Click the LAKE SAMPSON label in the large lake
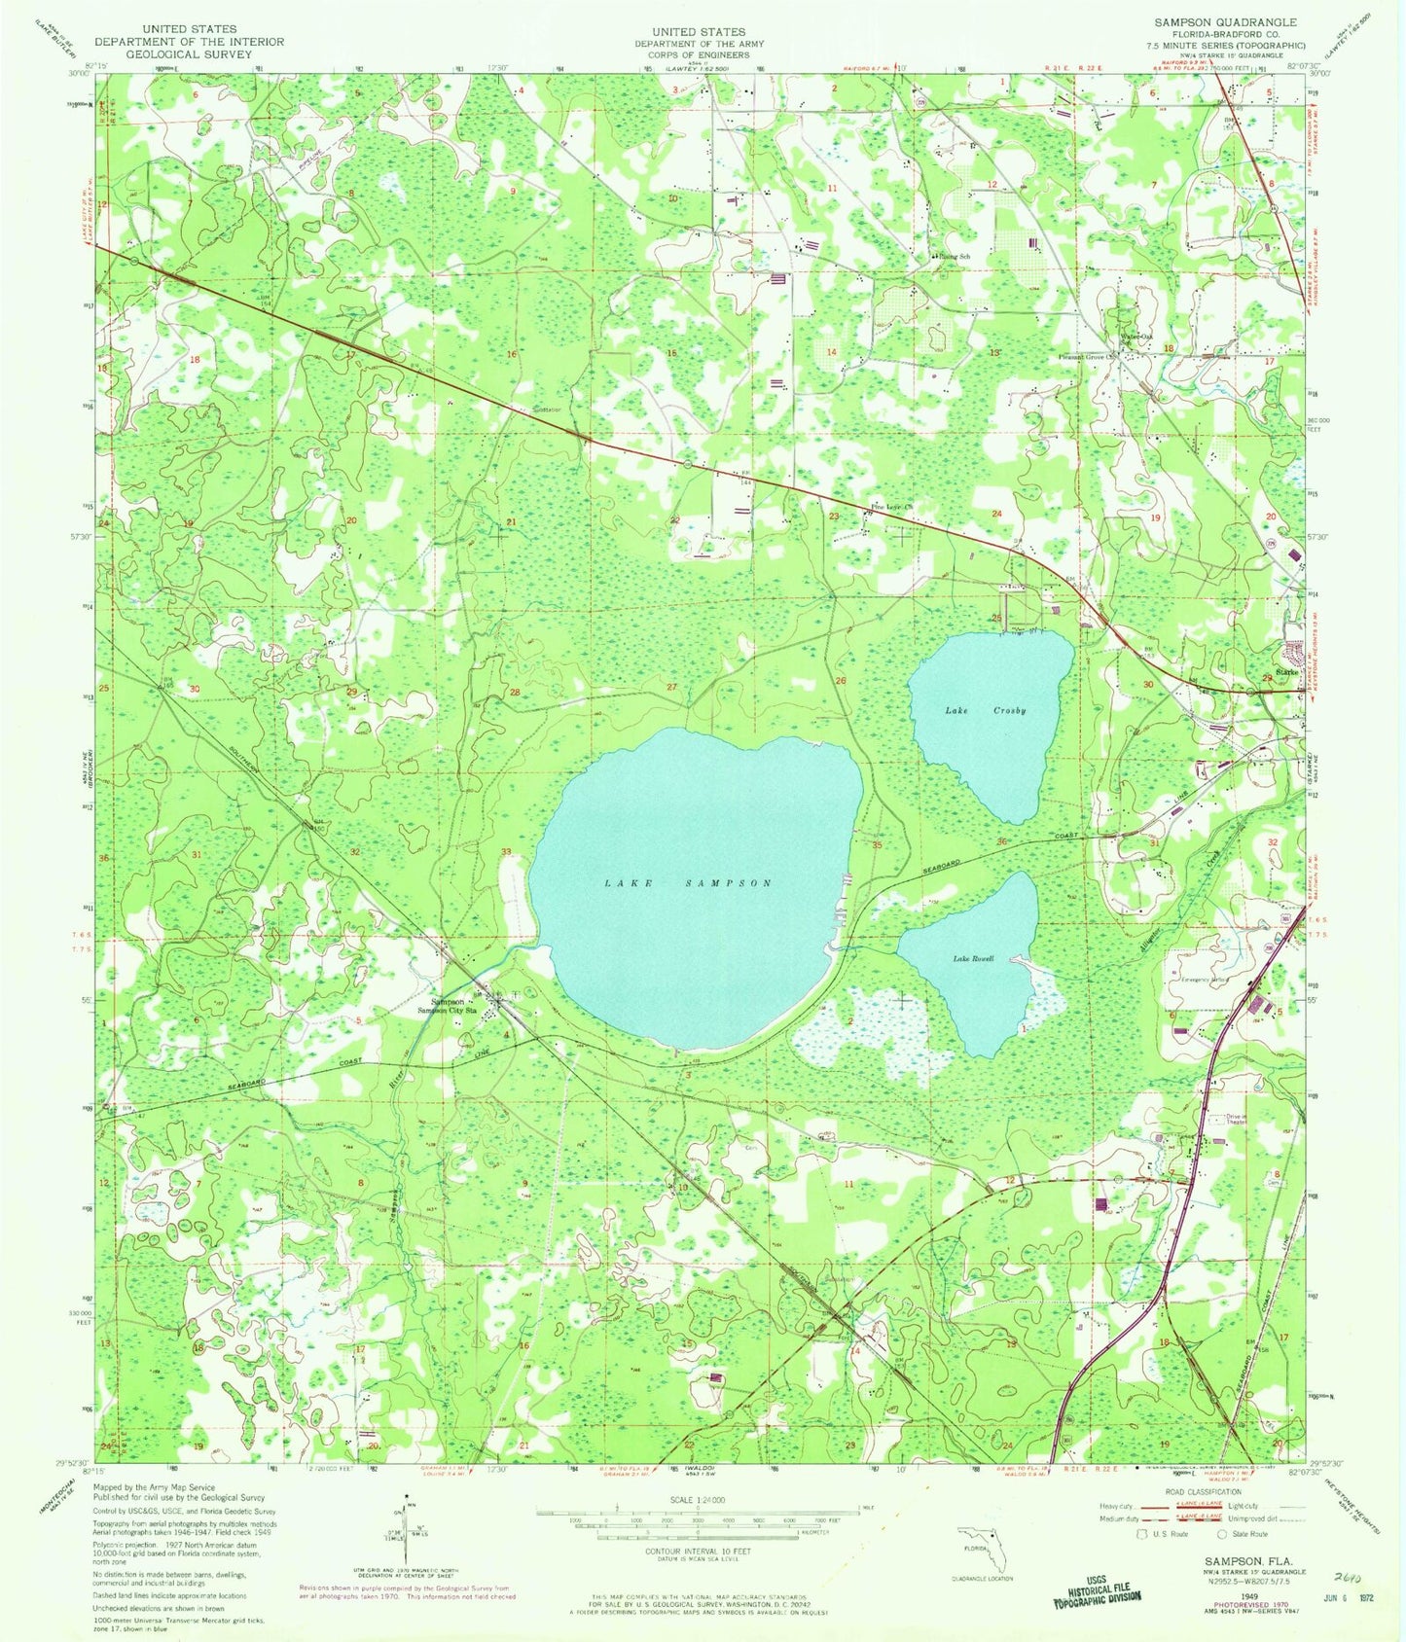pos(688,883)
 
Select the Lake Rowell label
pos(973,959)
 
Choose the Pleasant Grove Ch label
pos(1088,356)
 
